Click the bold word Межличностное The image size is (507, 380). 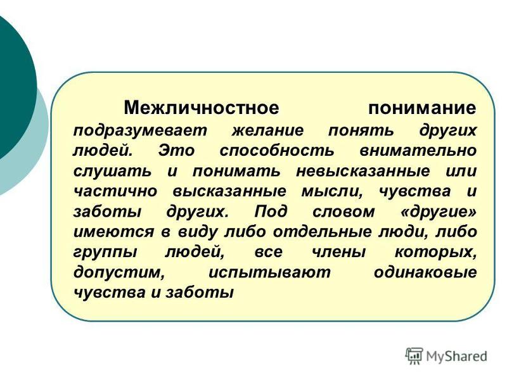coord(201,108)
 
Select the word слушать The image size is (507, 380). coord(112,172)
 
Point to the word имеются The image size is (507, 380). coord(112,232)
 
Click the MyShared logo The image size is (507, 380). coord(446,356)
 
